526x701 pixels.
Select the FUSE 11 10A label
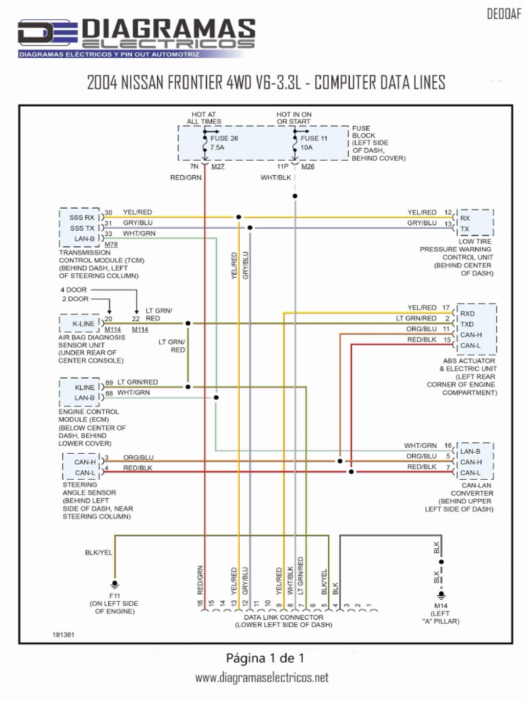(x=314, y=142)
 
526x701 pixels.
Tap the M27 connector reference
(x=218, y=166)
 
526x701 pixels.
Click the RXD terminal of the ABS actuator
(x=468, y=313)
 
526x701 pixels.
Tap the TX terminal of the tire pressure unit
(x=465, y=229)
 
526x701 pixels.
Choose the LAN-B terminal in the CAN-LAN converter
(x=470, y=451)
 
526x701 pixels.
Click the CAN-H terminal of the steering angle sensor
(x=84, y=462)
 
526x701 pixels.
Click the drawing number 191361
(x=63, y=634)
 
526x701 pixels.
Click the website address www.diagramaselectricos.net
(x=262, y=678)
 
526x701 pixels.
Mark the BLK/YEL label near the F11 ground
(x=98, y=552)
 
